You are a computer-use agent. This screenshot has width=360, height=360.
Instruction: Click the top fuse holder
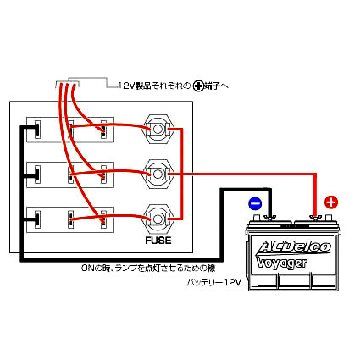point(158,130)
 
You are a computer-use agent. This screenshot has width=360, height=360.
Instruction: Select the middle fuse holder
point(158,174)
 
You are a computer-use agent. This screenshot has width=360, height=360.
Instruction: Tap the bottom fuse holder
point(158,219)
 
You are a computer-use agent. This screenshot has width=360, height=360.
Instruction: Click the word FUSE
point(158,241)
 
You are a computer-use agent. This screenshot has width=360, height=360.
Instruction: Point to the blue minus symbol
point(255,203)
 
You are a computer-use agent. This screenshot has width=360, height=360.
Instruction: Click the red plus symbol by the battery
point(331,202)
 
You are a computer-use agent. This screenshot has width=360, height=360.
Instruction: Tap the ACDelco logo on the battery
point(294,246)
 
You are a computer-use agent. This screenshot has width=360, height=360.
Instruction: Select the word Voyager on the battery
point(281,263)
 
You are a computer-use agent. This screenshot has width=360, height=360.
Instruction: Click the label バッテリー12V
point(214,282)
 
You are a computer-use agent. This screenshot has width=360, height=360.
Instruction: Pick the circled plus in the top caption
point(198,86)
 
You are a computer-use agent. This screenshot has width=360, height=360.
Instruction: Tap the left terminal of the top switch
point(37,130)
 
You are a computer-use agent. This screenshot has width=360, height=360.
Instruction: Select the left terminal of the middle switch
point(37,174)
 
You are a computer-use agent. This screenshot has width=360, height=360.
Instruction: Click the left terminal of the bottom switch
point(37,219)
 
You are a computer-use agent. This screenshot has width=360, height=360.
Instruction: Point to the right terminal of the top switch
point(103,130)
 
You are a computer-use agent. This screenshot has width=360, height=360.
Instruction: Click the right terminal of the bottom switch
point(103,219)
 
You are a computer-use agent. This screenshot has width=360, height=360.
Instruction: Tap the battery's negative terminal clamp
point(269,218)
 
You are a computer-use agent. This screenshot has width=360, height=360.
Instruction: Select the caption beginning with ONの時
point(148,268)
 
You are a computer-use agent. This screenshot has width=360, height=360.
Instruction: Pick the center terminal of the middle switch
point(71,174)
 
